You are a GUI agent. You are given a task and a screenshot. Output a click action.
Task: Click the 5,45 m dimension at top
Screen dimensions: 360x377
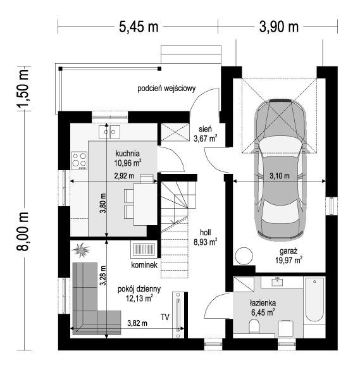coord(139,27)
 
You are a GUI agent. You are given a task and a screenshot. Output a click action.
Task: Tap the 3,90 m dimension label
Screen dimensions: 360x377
coord(279,27)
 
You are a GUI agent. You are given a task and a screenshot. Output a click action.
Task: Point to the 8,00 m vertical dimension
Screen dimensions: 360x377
coord(23,232)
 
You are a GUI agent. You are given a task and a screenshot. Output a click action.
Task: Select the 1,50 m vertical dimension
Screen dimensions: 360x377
coord(23,88)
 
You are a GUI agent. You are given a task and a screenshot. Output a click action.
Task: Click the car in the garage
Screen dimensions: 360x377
coord(280,170)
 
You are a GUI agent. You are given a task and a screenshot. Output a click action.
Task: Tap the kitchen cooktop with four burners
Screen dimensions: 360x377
coord(79,161)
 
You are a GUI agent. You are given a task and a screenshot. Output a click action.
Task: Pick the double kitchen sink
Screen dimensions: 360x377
coord(109,132)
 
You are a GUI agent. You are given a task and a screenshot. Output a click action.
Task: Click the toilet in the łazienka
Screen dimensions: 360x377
coord(254,326)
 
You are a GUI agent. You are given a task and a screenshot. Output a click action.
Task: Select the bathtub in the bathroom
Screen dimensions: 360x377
coord(314,299)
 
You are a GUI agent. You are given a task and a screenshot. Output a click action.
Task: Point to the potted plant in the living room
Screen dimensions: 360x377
coord(80,250)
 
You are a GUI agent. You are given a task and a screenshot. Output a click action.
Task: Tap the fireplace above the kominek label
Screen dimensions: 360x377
coord(144,249)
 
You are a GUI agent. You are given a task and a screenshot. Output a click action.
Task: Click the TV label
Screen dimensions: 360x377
coord(165,317)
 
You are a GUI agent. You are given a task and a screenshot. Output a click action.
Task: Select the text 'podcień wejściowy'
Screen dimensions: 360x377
coord(166,89)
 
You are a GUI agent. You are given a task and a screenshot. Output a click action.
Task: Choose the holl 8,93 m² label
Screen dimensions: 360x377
coord(206,237)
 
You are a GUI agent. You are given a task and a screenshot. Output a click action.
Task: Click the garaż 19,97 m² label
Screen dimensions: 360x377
coord(289,256)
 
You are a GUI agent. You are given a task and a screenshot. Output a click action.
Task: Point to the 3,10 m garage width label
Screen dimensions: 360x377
coord(280,176)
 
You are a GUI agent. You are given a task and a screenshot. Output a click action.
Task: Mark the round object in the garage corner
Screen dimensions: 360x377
coord(244,256)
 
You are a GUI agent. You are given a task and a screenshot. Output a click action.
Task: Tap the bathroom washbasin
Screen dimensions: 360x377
coord(277,281)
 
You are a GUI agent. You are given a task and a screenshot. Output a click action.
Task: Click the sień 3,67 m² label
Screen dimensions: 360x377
coord(206,134)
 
